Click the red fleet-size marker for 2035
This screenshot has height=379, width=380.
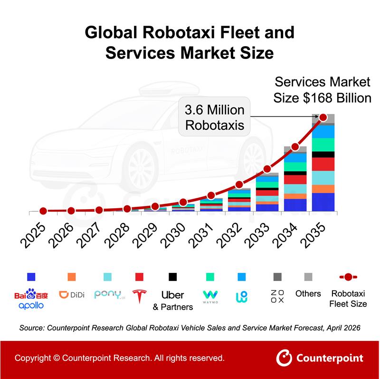click(x=323, y=117)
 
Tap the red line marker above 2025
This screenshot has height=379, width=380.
click(x=43, y=211)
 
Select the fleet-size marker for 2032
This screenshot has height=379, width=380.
click(x=239, y=185)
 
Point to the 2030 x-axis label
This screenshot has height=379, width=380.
click(x=173, y=235)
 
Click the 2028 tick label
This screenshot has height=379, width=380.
click(x=117, y=235)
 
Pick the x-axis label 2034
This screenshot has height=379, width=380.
click(x=285, y=235)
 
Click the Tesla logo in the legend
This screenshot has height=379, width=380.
click(x=140, y=296)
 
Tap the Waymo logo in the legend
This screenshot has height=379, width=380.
click(x=210, y=297)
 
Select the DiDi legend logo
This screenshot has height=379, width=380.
click(x=72, y=295)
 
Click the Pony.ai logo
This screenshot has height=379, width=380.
click(x=110, y=294)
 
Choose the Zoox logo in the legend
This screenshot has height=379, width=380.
click(x=277, y=296)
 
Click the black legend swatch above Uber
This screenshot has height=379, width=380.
click(x=172, y=277)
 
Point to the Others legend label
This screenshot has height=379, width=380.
click(x=308, y=293)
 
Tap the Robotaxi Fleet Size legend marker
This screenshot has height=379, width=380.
click(x=348, y=277)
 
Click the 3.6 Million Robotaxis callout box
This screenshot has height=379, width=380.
click(x=214, y=117)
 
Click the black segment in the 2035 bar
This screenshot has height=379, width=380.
click(x=323, y=155)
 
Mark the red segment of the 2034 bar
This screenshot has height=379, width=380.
click(x=295, y=180)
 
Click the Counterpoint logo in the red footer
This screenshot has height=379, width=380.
click(x=320, y=358)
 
